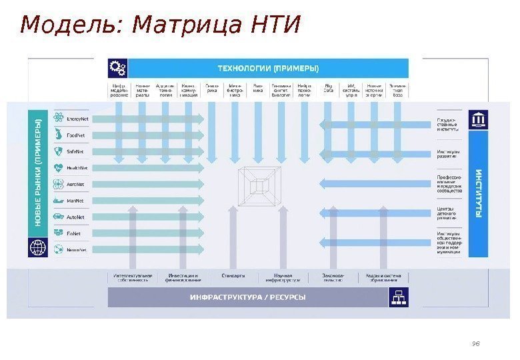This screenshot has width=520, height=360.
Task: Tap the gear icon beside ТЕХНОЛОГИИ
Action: (x=117, y=67)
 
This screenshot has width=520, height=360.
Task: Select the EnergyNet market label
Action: (x=77, y=119)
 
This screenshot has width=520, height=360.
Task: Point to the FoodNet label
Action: (x=75, y=135)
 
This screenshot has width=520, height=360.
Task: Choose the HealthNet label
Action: (x=77, y=168)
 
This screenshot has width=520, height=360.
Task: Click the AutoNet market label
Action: (x=76, y=217)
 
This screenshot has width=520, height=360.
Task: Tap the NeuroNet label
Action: (x=77, y=250)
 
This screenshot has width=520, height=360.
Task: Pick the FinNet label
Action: (x=74, y=234)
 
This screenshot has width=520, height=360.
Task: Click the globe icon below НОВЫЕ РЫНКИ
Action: (x=37, y=249)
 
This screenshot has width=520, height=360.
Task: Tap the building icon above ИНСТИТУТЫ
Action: (x=479, y=119)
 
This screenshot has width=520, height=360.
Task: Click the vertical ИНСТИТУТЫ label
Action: (x=479, y=193)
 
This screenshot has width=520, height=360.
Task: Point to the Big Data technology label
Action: (x=329, y=90)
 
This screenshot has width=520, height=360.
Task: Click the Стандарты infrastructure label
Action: (x=233, y=276)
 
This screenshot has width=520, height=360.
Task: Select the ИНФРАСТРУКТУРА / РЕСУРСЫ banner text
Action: (x=248, y=297)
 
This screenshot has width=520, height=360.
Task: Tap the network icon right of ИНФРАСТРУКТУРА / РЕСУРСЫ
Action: (x=400, y=297)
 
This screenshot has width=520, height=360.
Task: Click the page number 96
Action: (x=476, y=343)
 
